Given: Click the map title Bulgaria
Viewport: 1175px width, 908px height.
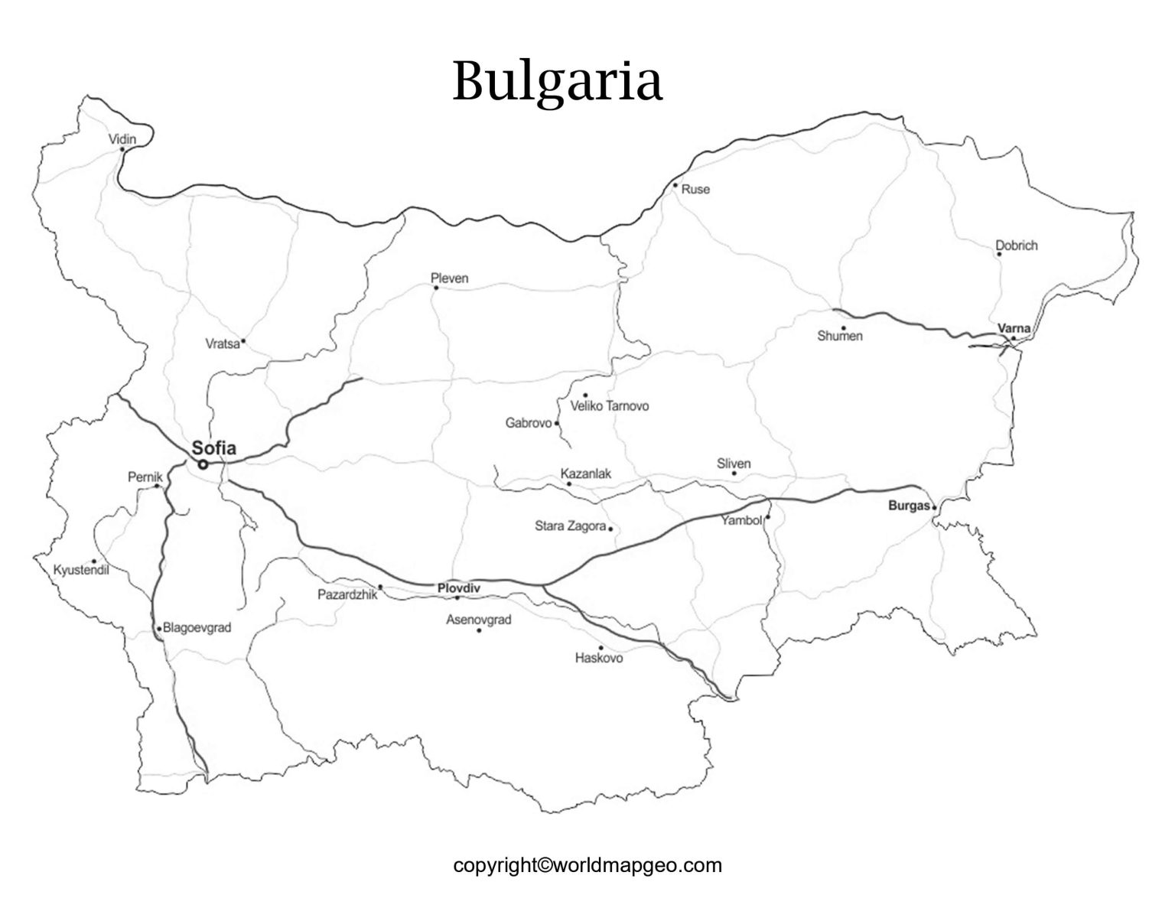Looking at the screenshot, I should (x=557, y=80).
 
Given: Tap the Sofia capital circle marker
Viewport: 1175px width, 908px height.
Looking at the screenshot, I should (x=203, y=464).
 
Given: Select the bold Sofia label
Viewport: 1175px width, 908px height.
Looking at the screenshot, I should (x=214, y=449).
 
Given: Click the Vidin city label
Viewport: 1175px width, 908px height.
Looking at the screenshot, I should (x=122, y=139).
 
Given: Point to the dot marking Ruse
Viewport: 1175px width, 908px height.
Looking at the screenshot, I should (x=675, y=185).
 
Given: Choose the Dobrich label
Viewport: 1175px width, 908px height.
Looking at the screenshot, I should (x=1017, y=246).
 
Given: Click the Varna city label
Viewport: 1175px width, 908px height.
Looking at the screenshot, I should (x=1014, y=328).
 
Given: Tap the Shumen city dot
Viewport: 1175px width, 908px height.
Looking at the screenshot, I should (x=843, y=328).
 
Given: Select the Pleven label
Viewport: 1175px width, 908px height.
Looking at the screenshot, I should (x=449, y=278).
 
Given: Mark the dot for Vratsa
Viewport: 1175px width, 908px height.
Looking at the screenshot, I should (x=243, y=341).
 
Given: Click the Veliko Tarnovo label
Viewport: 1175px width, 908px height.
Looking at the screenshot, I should (x=610, y=406).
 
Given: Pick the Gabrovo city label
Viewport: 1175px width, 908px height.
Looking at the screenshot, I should (x=529, y=423).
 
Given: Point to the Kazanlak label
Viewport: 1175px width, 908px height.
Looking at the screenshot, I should (x=586, y=474).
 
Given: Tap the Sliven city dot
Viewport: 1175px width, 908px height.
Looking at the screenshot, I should (x=734, y=474).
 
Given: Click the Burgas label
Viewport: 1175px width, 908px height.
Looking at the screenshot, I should (x=909, y=506).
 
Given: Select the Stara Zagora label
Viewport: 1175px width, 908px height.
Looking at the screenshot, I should (x=571, y=526).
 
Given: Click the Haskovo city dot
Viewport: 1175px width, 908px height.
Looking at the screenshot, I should (x=601, y=647).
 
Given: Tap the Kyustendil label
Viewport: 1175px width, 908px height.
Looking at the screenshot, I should (x=81, y=570).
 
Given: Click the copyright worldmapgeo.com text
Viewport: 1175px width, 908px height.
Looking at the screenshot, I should (x=587, y=865).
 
